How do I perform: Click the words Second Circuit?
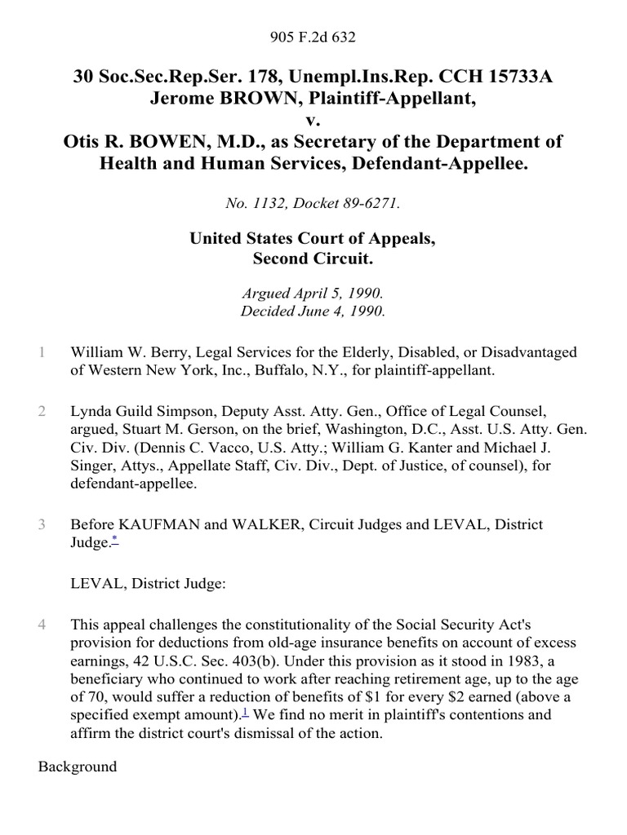(313, 260)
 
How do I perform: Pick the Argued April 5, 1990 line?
(313, 293)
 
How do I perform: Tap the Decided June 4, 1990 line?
(313, 311)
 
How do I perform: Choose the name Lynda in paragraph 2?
(91, 411)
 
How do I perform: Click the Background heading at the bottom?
(78, 767)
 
